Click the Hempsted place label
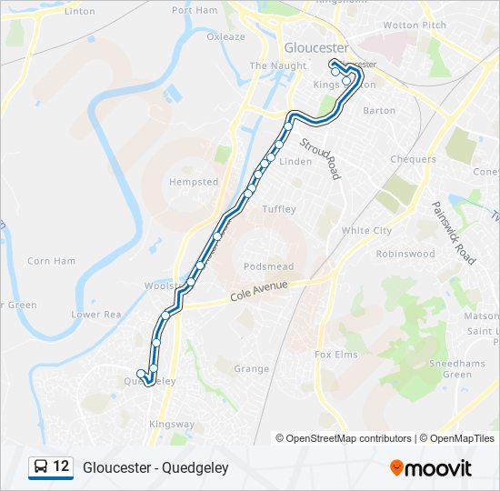[x=194, y=182]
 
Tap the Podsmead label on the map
[x=268, y=266]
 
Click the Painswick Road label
[x=453, y=233]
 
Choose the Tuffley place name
[x=279, y=209]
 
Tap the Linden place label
[x=295, y=162]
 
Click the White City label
[x=366, y=231]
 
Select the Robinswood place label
[x=405, y=255]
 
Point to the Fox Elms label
[x=335, y=354]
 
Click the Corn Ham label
[x=52, y=261]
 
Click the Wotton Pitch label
[x=415, y=25]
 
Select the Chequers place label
[x=413, y=159]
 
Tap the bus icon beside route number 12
[x=41, y=467]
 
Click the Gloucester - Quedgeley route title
[x=155, y=468]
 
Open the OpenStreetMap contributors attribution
[x=348, y=438]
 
